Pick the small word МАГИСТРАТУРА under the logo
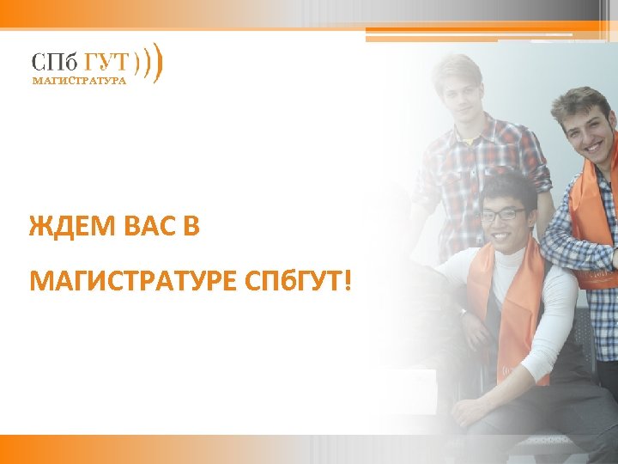pos(79,82)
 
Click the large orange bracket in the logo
pos(160,63)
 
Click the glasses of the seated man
pos(501,214)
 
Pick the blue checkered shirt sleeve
pos(566,249)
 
